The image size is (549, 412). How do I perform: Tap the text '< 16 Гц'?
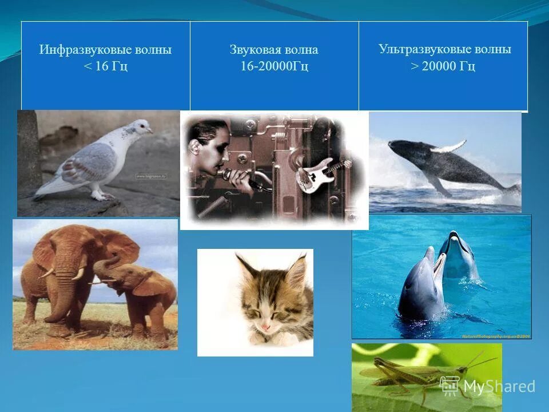point(105,66)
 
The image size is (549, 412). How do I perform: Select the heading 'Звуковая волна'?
point(274,50)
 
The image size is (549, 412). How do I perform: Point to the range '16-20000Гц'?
point(274,66)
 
